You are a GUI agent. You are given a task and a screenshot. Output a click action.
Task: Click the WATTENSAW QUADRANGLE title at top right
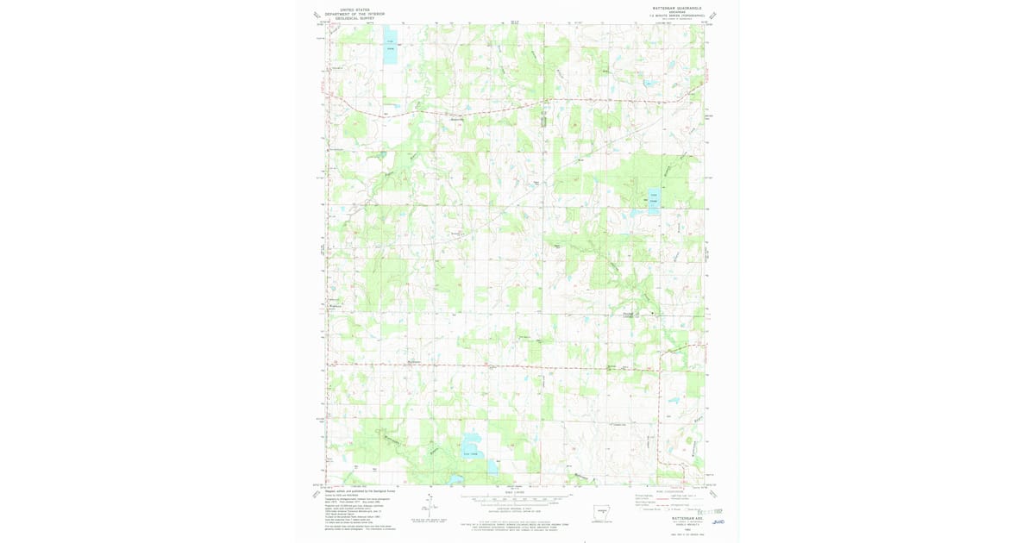tap(677, 8)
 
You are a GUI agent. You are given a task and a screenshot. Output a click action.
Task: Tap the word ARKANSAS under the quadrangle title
tap(677, 12)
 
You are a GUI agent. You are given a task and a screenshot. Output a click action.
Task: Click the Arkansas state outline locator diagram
tap(606, 510)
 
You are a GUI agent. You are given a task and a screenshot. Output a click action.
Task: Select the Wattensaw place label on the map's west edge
tap(336, 306)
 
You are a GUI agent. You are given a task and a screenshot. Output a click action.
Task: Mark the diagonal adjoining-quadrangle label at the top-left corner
tap(317, 15)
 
